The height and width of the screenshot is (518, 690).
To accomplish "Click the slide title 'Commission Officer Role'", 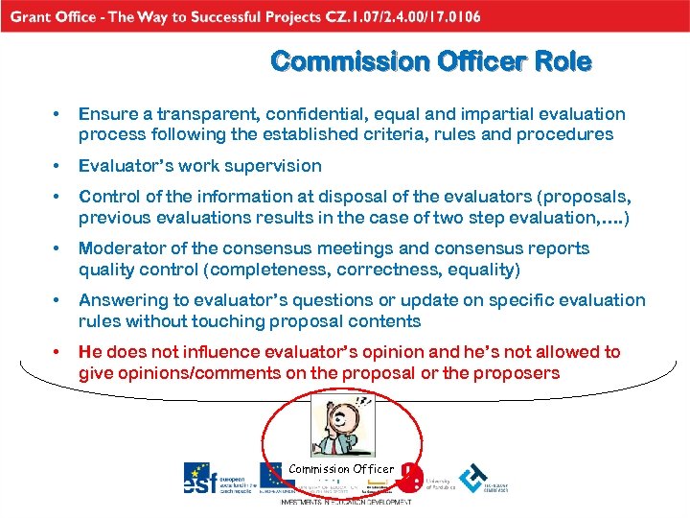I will pos(431,62).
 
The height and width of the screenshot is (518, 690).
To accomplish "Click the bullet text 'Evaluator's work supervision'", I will pos(199,166).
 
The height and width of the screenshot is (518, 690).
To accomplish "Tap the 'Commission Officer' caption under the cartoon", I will pos(341,469).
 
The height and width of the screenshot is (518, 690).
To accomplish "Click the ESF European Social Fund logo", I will pos(215,479).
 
